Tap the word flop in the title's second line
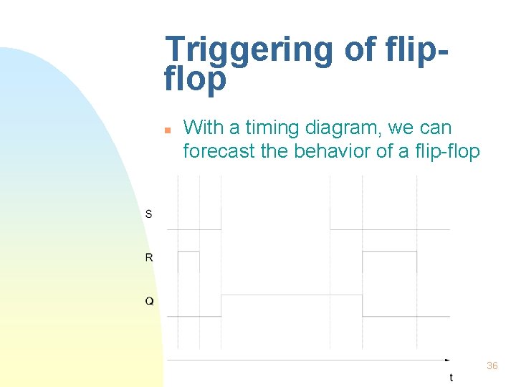[x=195, y=80]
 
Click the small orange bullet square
[x=166, y=130]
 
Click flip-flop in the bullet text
[x=446, y=151]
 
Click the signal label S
[x=148, y=214]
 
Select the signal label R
[x=149, y=257]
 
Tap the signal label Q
[x=149, y=302]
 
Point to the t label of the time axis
[x=451, y=377]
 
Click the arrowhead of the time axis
[x=448, y=360]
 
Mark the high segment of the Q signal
[x=292, y=295]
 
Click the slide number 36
[x=492, y=365]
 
